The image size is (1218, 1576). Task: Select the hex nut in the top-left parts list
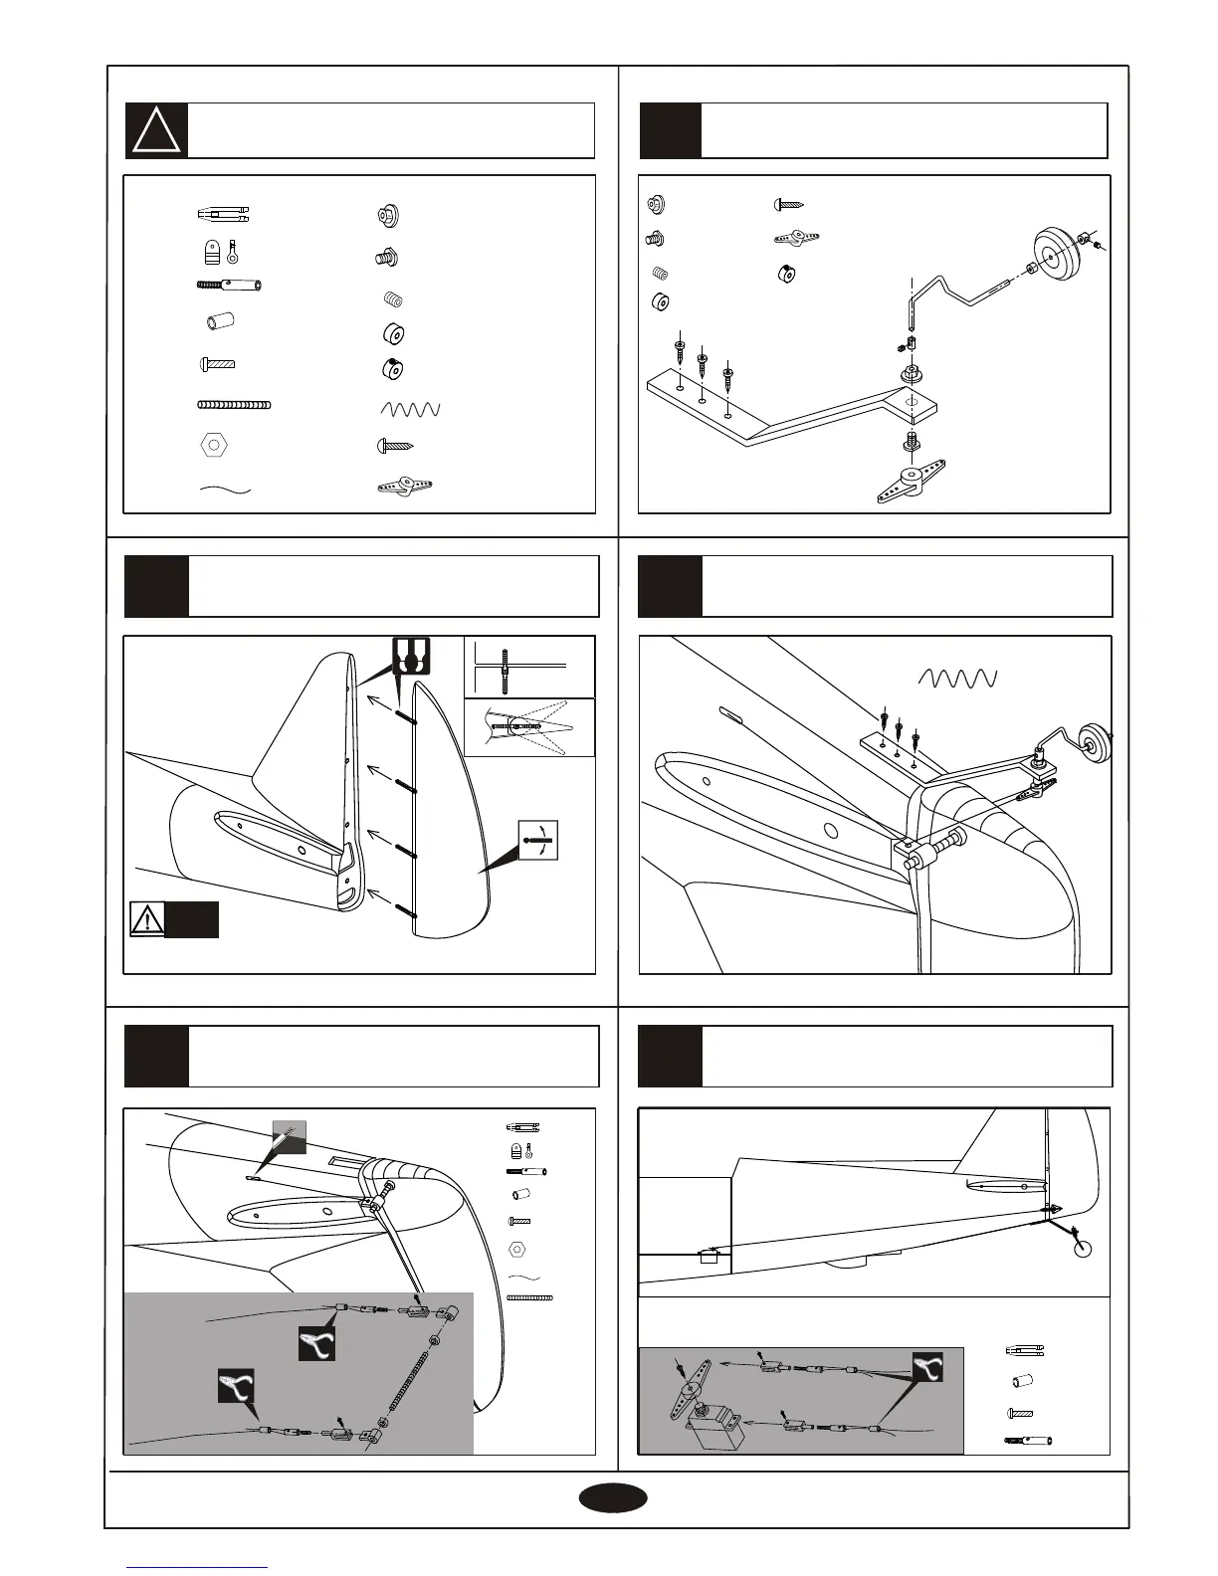point(214,445)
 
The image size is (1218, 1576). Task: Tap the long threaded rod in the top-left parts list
point(234,405)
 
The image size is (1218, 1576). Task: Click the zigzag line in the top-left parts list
point(409,409)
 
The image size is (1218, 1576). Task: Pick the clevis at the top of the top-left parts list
point(224,214)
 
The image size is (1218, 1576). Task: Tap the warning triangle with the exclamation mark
point(147,919)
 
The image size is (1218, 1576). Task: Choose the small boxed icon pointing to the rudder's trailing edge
point(538,841)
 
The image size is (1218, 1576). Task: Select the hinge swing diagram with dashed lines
point(529,727)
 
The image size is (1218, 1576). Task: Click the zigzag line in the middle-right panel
point(956,678)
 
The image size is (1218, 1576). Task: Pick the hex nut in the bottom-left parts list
point(517,1249)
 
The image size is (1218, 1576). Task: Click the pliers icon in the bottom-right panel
point(927,1368)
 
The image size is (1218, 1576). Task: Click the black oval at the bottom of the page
point(614,1498)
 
